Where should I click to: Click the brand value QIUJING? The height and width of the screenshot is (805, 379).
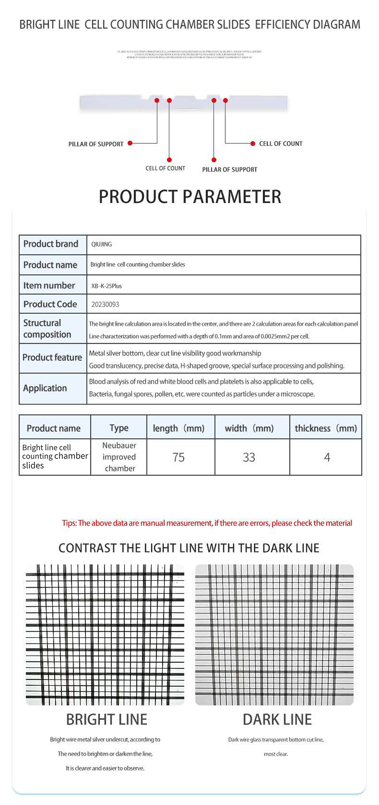[x=101, y=244]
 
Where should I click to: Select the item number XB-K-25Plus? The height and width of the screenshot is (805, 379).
[x=106, y=286]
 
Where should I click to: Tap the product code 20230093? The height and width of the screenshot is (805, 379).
[x=105, y=304]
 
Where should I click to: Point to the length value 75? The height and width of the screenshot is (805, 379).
[x=178, y=457]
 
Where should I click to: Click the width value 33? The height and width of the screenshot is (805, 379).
[x=249, y=457]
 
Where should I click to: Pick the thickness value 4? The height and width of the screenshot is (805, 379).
[x=327, y=457]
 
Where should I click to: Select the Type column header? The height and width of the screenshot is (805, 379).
[x=119, y=428]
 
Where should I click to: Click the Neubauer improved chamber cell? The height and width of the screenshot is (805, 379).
[x=119, y=457]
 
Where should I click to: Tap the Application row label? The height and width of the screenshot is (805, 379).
[x=45, y=388]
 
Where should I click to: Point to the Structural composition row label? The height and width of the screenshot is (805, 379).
[x=47, y=329]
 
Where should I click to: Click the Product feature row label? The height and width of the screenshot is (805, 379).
[x=52, y=357]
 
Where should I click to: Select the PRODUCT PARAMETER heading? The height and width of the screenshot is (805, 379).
[x=190, y=197]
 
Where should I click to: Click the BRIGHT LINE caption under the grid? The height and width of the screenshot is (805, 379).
[x=106, y=720]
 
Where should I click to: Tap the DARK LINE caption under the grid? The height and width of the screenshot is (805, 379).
[x=277, y=720]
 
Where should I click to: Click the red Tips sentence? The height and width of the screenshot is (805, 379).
[x=207, y=523]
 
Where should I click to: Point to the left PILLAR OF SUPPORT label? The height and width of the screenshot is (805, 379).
[x=96, y=144]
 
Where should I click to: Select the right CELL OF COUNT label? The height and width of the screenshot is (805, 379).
[x=281, y=144]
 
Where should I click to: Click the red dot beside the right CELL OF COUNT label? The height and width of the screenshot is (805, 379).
[x=253, y=144]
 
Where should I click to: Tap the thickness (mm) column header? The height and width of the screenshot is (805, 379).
[x=326, y=428]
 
